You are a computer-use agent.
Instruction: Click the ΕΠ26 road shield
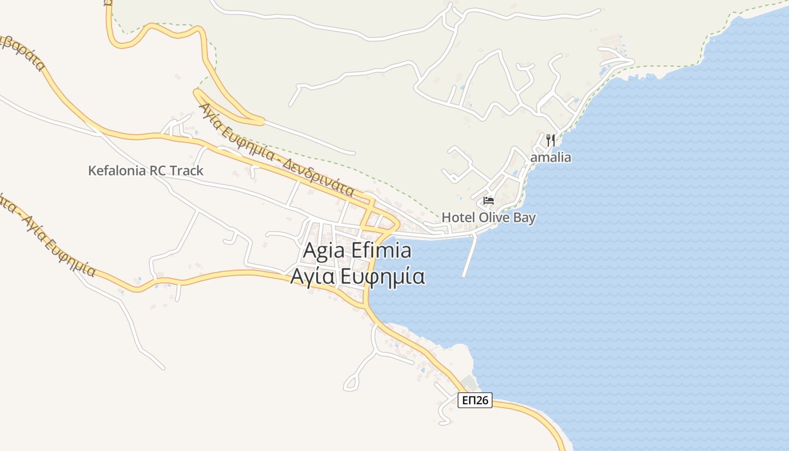475,400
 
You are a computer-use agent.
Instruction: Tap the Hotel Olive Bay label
489,218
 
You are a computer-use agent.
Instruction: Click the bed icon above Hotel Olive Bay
489,201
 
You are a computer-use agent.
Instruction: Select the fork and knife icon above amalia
551,140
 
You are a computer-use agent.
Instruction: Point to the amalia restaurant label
551,157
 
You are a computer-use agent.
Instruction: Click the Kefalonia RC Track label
145,171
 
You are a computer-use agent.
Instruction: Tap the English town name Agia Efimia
357,250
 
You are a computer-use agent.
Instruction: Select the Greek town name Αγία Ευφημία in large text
357,277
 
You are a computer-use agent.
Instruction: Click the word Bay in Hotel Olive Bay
522,218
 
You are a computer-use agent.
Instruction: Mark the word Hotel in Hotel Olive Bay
456,218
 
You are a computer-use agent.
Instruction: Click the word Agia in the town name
322,251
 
